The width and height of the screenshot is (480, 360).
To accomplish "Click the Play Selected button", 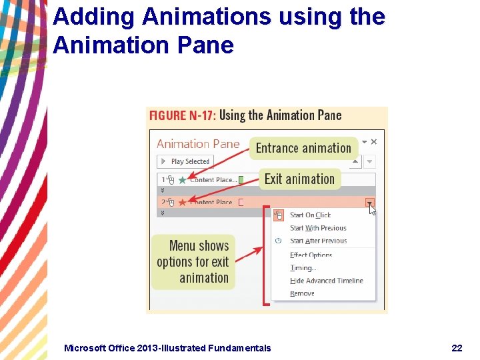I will [x=185, y=161].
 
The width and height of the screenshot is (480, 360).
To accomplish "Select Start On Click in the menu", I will [x=310, y=215].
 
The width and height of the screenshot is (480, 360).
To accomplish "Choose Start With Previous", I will [x=318, y=228].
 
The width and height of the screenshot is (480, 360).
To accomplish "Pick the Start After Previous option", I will [x=318, y=241].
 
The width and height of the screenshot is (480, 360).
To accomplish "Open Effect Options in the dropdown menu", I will [x=311, y=255].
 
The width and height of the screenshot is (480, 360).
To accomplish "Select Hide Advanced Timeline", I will [x=326, y=281].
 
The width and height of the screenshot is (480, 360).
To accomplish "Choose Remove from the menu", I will [x=302, y=293].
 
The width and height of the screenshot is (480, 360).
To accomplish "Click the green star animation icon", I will [x=182, y=179].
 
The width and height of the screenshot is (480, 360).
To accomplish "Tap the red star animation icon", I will [x=182, y=201].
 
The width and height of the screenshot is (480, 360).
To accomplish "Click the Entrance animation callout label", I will [x=303, y=148].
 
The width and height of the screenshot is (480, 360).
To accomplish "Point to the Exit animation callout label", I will [x=299, y=179].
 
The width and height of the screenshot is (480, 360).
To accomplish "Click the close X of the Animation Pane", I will [x=374, y=141].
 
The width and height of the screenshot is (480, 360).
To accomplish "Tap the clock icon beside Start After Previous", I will [x=279, y=241].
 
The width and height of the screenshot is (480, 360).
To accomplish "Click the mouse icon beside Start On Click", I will [x=279, y=215].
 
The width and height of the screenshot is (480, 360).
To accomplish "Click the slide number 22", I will [x=457, y=347].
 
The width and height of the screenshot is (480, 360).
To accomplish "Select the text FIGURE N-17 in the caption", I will [x=181, y=115].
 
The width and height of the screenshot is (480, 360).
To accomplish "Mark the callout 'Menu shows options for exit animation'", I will [x=193, y=262].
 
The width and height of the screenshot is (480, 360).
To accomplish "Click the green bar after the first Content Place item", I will [x=241, y=179].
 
